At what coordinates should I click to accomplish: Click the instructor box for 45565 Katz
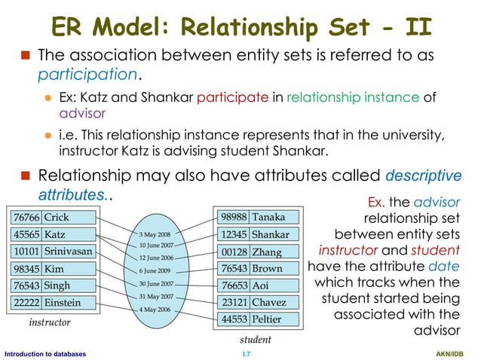(x=52, y=233)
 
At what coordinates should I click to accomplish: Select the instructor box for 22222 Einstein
(x=52, y=302)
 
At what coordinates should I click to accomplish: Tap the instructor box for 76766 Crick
(x=52, y=217)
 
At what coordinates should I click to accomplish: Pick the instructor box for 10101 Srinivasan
(x=52, y=251)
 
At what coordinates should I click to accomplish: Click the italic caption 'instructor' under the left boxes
(x=50, y=322)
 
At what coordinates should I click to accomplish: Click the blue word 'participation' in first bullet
(x=87, y=76)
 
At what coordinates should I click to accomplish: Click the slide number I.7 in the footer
(x=245, y=352)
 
